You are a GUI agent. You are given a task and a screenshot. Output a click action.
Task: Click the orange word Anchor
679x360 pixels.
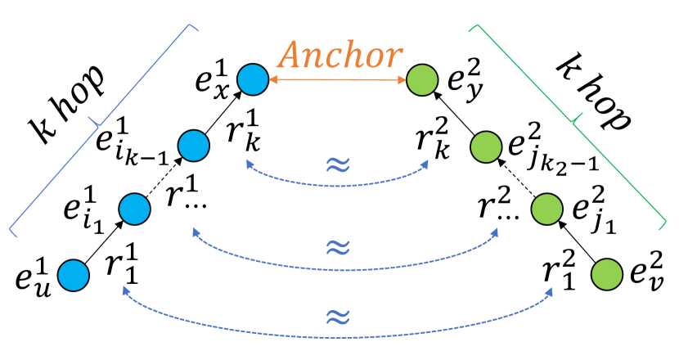pyautogui.click(x=339, y=56)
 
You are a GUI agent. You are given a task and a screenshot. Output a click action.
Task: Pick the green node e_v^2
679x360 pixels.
pyautogui.click(x=606, y=272)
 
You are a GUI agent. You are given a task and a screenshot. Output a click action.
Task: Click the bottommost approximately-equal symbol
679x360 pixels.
pyautogui.click(x=339, y=315)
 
